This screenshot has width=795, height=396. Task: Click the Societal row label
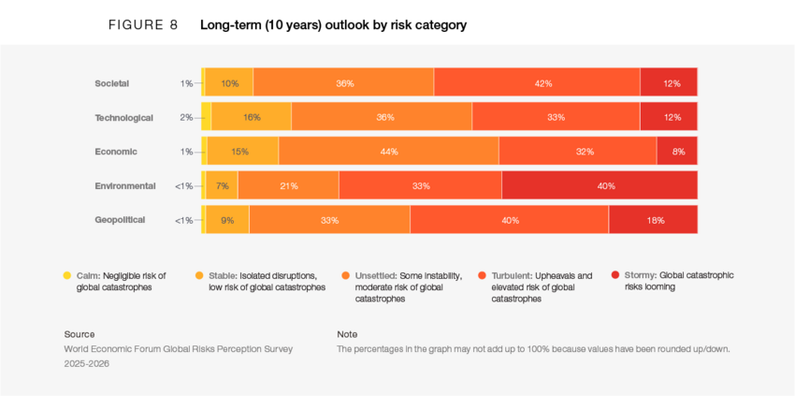(111, 83)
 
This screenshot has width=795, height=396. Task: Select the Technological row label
(123, 118)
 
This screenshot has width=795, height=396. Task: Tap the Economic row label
(116, 152)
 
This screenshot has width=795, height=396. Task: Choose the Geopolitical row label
(120, 220)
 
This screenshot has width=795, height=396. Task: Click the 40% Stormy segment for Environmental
(600, 186)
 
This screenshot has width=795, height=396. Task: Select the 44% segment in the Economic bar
(388, 152)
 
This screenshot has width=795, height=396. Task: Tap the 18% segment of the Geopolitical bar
(653, 220)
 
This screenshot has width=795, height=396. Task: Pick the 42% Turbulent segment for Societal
(537, 83)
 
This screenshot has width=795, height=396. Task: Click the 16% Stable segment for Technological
(252, 118)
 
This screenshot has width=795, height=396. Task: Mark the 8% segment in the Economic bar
(677, 152)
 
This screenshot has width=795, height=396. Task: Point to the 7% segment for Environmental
(222, 186)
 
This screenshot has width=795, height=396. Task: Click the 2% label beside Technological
(186, 118)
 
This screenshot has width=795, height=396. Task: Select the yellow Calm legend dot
(66, 275)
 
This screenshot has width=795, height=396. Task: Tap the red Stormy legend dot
(614, 275)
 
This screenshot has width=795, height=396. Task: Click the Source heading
(79, 334)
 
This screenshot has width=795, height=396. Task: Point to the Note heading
(347, 334)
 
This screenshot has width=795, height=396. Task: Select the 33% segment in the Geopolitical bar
(329, 220)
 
